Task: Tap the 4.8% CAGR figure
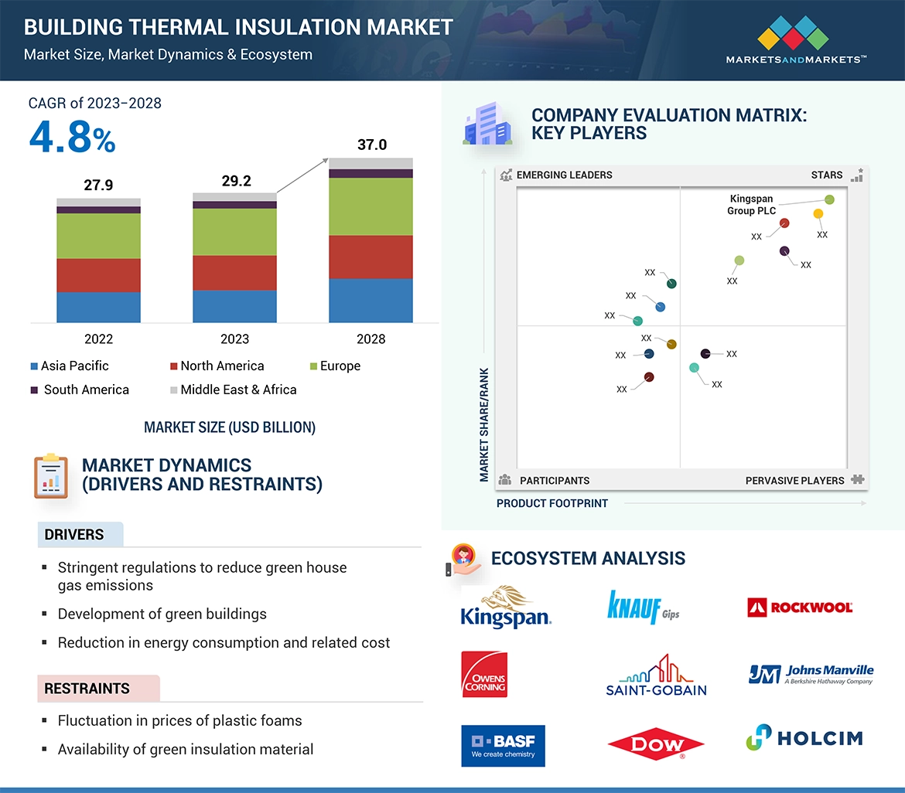[72, 138]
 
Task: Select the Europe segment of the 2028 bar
[371, 206]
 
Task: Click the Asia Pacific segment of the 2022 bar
[98, 307]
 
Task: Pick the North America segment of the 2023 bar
[234, 272]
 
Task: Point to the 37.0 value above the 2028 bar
[371, 145]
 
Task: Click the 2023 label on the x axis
[234, 339]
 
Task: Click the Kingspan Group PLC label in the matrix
[751, 205]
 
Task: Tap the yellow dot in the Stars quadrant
[818, 214]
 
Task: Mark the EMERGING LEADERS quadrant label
[563, 175]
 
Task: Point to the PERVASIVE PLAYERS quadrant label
[794, 480]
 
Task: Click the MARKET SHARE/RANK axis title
[484, 424]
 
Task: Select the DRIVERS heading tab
[74, 535]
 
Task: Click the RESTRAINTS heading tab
[87, 689]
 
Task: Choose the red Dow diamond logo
[656, 745]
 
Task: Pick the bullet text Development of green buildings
[162, 614]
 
